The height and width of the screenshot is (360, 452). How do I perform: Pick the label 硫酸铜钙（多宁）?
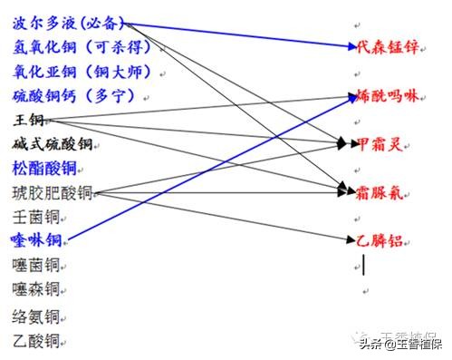74,94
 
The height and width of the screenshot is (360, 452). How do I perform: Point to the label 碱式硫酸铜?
53,143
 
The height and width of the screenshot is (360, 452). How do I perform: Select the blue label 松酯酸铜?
45,167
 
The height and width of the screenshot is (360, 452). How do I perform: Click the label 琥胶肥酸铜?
53,191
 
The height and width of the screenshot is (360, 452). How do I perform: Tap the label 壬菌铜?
36,216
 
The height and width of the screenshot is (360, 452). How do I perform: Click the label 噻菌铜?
36,265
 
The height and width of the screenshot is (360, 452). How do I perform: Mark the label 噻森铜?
36,289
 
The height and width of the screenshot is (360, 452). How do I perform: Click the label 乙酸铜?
36,341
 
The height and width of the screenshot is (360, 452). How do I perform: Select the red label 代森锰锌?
388,47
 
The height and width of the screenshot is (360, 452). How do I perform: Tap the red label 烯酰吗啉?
388,95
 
